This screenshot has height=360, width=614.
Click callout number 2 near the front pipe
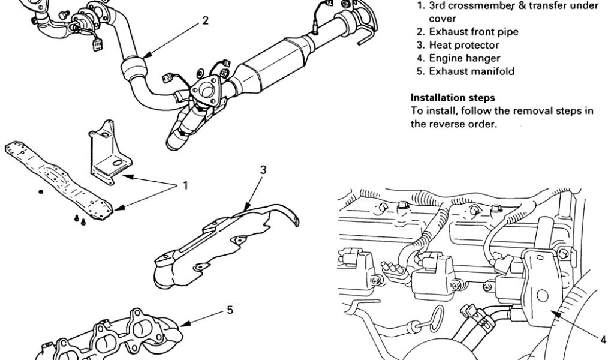coord(206,20)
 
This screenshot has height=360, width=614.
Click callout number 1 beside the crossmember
coord(185,185)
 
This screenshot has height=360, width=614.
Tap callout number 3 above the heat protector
coord(263,170)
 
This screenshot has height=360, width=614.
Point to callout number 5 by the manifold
coord(230,310)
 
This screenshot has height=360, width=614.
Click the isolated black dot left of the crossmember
coord(40,191)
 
